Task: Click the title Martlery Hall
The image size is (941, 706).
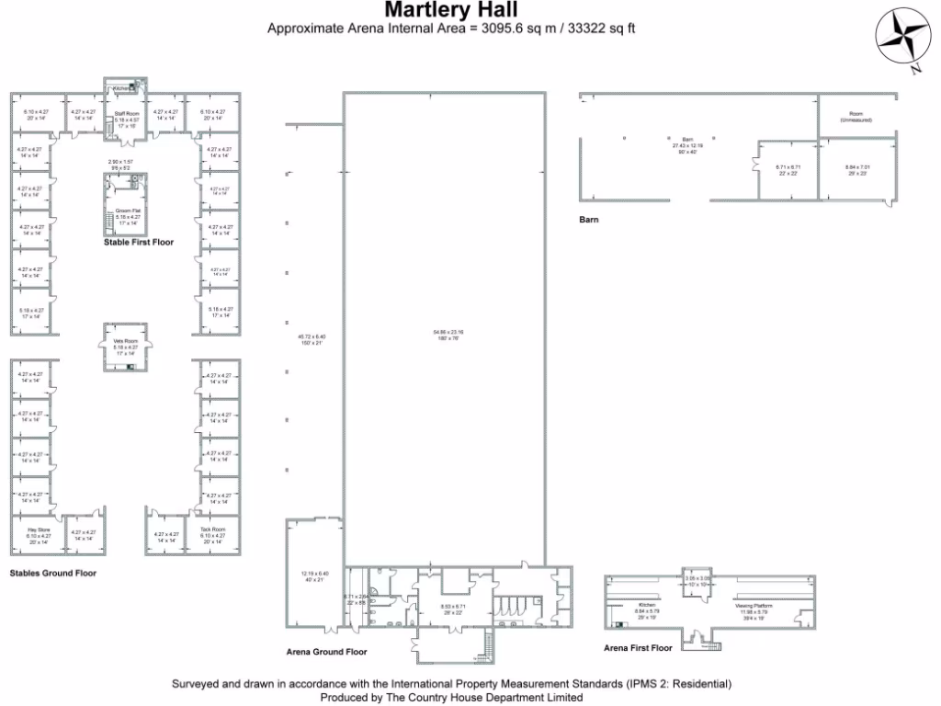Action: coord(450,10)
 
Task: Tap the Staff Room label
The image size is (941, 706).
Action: coord(126,114)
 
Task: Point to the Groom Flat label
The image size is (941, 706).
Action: coord(127,211)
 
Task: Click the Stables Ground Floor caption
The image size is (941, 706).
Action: coord(52,573)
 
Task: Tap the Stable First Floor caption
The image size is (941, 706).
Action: coord(138,243)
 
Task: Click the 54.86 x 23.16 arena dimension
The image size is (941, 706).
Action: coord(448,331)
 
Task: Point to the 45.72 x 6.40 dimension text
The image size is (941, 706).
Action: coord(312,336)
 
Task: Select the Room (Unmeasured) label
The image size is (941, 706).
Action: coord(855,118)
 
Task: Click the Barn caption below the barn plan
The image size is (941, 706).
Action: coord(589,220)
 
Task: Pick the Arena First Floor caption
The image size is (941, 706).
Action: coord(638,648)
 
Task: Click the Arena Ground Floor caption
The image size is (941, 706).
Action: coord(326,652)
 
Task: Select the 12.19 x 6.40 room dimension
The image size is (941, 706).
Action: coord(312,574)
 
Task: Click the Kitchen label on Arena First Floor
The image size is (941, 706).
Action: coord(647,606)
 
